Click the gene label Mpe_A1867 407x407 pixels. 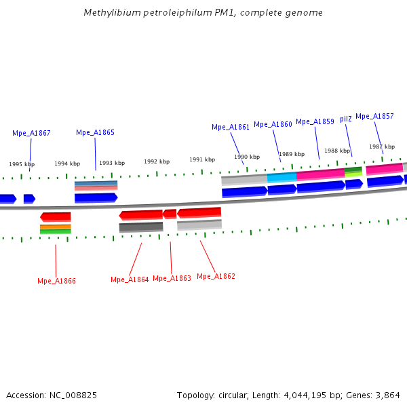(31, 134)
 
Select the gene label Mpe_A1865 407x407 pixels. (95, 133)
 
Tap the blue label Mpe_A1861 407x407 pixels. (231, 127)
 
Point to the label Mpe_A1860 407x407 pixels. (273, 124)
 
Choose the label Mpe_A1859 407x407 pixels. (315, 121)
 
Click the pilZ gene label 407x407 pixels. (346, 119)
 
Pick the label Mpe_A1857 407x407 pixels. (374, 116)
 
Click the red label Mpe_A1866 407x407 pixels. (56, 281)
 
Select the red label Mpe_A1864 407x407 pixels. (130, 279)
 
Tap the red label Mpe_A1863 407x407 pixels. (172, 278)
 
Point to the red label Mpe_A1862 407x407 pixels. (216, 276)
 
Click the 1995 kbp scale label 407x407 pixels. (22, 164)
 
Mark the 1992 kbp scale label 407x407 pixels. (156, 161)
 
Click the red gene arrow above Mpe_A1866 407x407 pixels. (56, 216)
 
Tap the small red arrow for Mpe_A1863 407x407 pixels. (170, 214)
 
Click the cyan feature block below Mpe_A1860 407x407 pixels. (282, 177)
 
